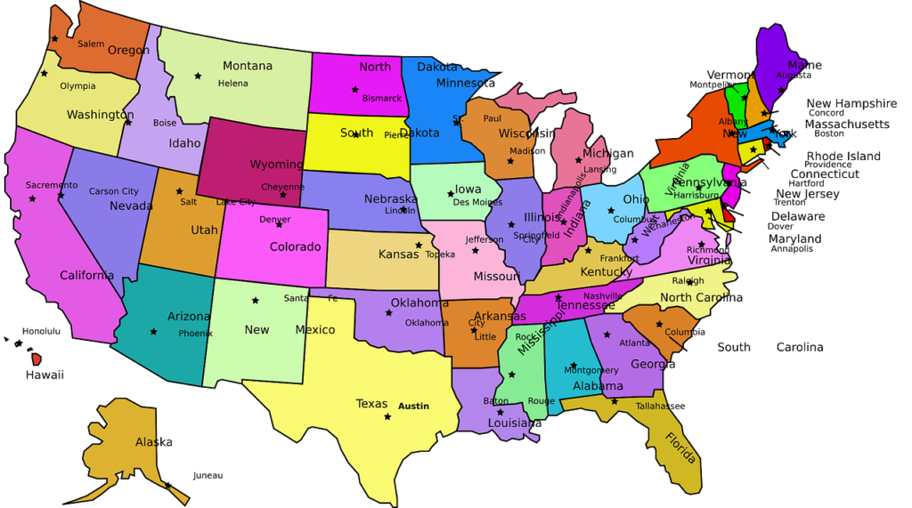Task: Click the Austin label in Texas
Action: coord(413,407)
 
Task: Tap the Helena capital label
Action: coord(233,84)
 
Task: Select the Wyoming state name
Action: coord(276,165)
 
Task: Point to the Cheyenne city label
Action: coord(282,187)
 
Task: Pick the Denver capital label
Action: coord(274,220)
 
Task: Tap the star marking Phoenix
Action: coord(153,332)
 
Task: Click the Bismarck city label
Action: coord(382,99)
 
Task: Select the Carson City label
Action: coord(113,191)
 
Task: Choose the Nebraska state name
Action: coord(390,198)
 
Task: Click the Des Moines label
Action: coord(477,202)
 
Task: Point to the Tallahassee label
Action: coord(660,406)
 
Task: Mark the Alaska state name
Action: coord(153,442)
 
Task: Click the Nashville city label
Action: coord(603,296)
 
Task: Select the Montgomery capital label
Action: coord(591,370)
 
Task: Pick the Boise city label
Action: coord(165,124)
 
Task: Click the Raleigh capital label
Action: coord(688,281)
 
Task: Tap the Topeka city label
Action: coord(440,254)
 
